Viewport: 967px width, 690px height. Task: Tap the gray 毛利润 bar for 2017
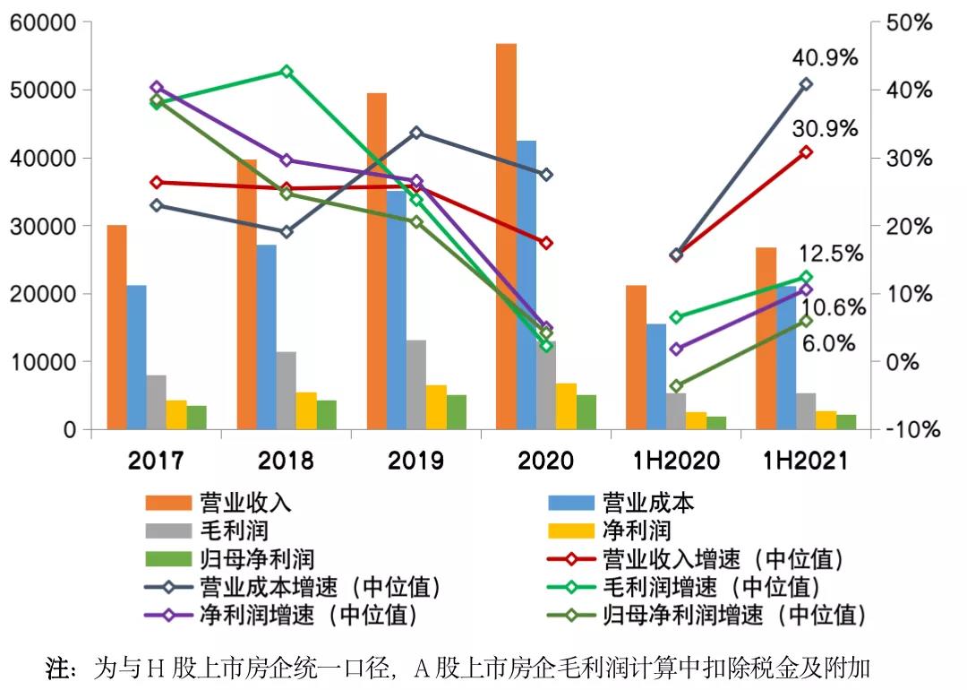click(x=157, y=402)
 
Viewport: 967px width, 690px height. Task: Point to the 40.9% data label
click(x=825, y=58)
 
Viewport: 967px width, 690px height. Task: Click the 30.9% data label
click(x=825, y=129)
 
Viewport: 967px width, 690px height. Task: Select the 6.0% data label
click(x=829, y=344)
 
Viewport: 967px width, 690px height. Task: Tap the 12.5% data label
click(x=830, y=254)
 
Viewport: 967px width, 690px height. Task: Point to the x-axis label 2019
click(x=415, y=461)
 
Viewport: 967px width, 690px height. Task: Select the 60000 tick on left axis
click(x=42, y=22)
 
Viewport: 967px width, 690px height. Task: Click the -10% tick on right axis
click(x=911, y=430)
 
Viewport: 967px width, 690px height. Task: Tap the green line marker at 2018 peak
click(x=287, y=71)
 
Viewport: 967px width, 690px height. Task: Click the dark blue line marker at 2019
click(x=415, y=133)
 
